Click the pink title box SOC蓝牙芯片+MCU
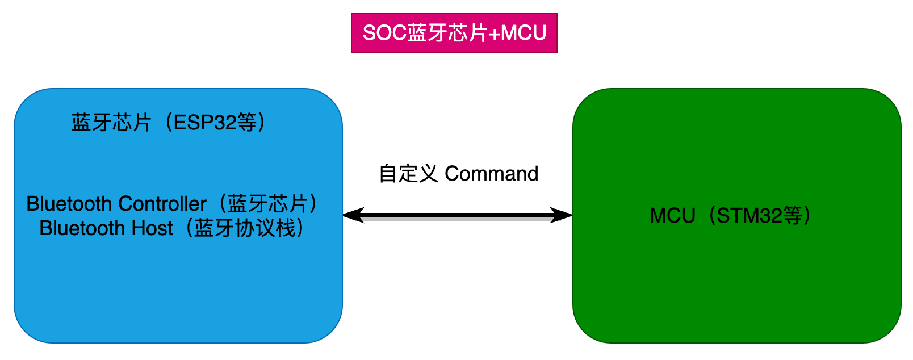[454, 33]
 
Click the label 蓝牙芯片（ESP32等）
[169, 123]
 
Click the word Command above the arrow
[491, 174]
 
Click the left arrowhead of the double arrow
[352, 215]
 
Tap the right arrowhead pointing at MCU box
[563, 215]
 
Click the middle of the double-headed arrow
[458, 216]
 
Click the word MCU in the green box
[672, 216]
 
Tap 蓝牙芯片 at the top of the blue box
[111, 123]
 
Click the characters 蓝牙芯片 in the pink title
[447, 33]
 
